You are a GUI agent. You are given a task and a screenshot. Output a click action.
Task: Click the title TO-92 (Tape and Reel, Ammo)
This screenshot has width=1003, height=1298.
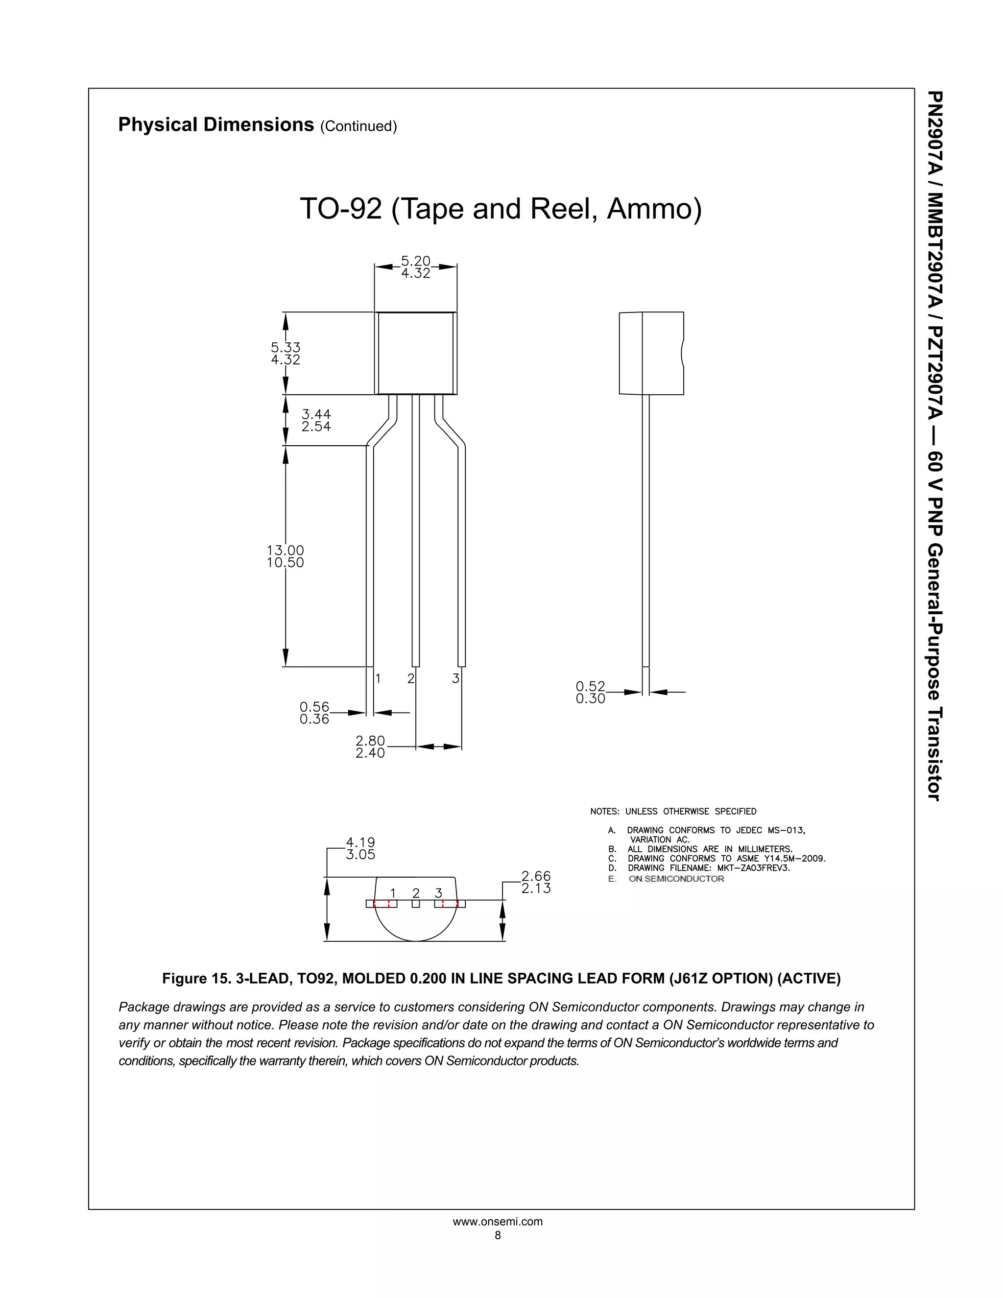[501, 209]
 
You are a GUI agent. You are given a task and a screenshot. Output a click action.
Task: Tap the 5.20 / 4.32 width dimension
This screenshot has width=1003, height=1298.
[415, 267]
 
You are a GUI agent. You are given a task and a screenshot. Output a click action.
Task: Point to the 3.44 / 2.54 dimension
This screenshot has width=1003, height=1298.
[316, 420]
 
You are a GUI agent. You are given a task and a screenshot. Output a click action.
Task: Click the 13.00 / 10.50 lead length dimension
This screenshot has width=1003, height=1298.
[285, 556]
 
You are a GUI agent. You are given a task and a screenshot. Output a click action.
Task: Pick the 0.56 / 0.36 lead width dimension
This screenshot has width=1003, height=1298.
[314, 713]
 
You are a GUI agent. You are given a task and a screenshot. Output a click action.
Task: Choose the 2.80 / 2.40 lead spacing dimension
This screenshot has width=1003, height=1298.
[370, 747]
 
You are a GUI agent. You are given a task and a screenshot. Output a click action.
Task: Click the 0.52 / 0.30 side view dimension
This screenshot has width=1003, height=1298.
[590, 693]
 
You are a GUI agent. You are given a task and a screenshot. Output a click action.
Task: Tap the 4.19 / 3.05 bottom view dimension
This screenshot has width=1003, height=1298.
[360, 849]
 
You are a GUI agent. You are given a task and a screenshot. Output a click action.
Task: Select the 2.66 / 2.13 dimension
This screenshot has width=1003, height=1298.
[536, 883]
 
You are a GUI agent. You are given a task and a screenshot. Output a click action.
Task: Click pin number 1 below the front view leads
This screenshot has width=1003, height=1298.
[377, 678]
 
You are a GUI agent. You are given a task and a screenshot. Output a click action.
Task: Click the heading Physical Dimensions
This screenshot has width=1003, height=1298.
[215, 125]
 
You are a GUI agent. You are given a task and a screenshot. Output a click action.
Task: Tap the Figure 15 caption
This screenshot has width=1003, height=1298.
[501, 979]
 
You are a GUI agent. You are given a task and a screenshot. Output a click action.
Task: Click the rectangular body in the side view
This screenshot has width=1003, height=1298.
[651, 353]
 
